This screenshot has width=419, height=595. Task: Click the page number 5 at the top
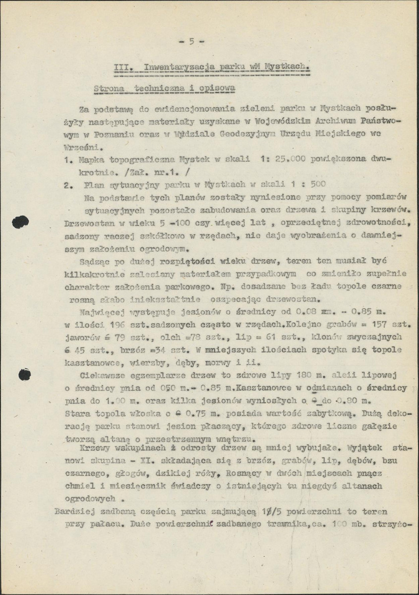pos(191,42)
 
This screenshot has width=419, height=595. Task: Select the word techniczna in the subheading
pos(158,88)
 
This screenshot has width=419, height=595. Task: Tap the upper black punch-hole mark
pos(20,222)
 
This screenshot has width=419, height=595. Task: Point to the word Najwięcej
pos(102,312)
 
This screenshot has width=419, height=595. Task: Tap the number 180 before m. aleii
pos(296,375)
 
